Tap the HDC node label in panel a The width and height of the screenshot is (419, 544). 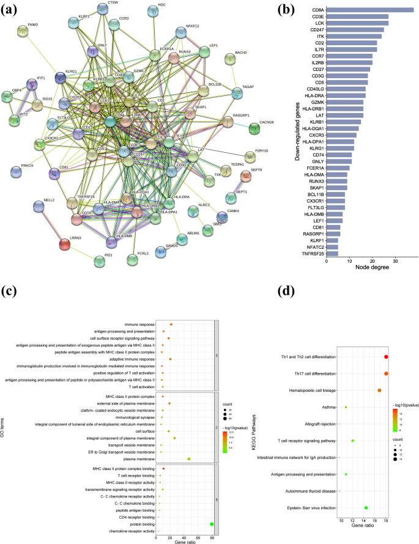pyautogui.click(x=161, y=5)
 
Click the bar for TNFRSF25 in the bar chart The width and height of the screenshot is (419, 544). pyautogui.click(x=332, y=253)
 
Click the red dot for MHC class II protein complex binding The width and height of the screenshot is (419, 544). pyautogui.click(x=163, y=468)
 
